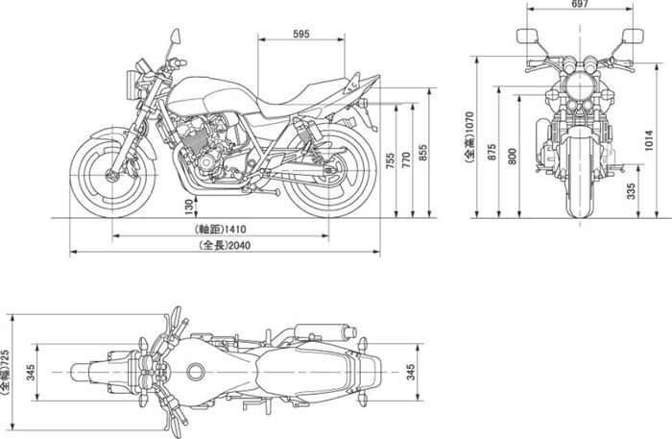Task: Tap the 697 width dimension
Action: coord(580,5)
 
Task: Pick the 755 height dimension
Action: coord(391,161)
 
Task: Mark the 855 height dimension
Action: coord(425,155)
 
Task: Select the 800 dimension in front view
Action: coord(512,159)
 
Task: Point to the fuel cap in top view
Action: coord(198,371)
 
